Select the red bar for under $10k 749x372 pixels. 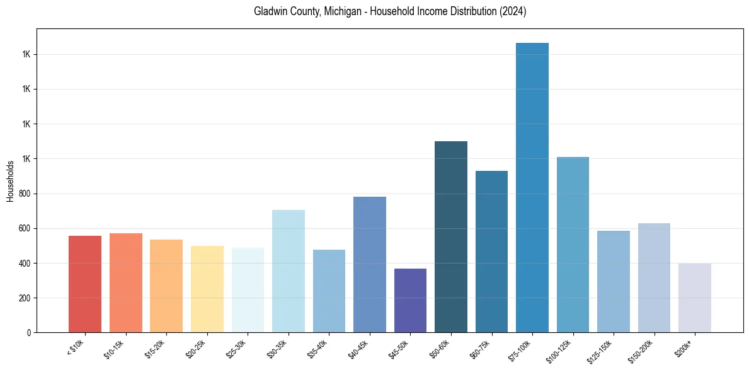(x=85, y=284)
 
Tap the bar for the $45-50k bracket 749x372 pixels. (x=410, y=300)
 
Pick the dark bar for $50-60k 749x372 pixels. (x=451, y=236)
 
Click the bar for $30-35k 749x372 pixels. (x=289, y=271)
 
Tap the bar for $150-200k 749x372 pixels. (x=654, y=277)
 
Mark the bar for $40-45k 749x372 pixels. (x=370, y=264)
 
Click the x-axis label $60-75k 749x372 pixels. (x=479, y=349)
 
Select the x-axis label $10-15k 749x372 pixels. (x=113, y=349)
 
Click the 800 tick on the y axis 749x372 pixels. (x=24, y=194)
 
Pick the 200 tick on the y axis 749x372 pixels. (x=24, y=298)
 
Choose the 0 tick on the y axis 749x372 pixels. (x=28, y=332)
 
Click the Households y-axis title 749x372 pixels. (x=10, y=181)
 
